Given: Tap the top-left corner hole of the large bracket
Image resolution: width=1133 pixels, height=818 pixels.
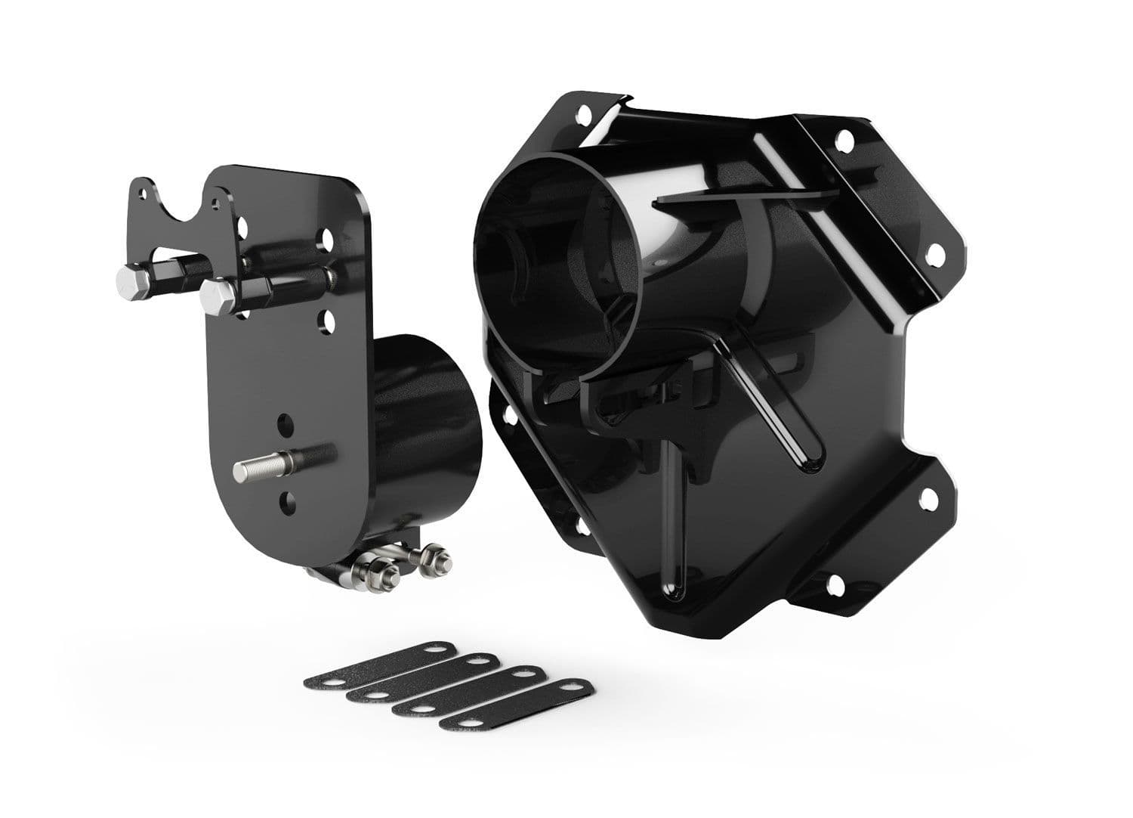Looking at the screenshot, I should tap(584, 116).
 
